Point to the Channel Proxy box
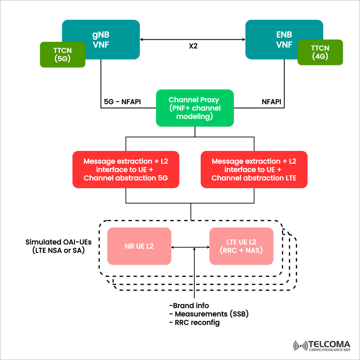click(195, 108)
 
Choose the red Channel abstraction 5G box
click(126, 169)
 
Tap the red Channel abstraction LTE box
click(254, 169)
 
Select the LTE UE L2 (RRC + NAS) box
click(241, 246)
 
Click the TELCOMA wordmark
click(329, 344)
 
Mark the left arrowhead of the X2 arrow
click(142, 39)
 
